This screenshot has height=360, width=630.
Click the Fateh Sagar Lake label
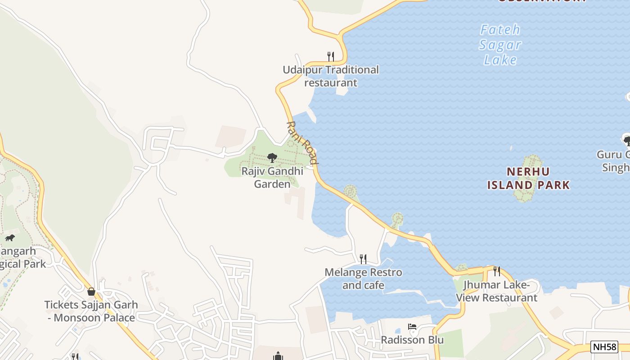click(x=500, y=45)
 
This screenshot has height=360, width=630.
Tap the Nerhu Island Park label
click(x=528, y=178)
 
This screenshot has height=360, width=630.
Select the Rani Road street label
click(x=302, y=142)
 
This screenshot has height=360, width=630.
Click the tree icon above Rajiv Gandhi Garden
click(x=272, y=157)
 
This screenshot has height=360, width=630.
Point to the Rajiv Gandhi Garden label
click(x=272, y=177)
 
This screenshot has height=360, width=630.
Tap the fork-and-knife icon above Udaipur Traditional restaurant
click(x=330, y=56)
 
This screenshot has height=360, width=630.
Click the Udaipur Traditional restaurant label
click(x=331, y=76)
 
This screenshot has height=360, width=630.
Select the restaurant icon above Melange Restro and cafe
click(x=363, y=259)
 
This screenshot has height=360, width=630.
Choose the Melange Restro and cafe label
click(x=363, y=279)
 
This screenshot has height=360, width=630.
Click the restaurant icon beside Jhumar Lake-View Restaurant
click(x=497, y=271)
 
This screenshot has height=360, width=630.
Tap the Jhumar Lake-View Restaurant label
click(x=497, y=291)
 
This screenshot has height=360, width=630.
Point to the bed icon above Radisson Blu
click(x=412, y=327)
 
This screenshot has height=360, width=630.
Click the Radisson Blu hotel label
click(x=412, y=340)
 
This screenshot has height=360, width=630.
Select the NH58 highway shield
click(x=604, y=346)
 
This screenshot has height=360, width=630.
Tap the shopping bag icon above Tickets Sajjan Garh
click(x=91, y=292)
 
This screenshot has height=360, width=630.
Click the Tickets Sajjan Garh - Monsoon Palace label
click(x=91, y=311)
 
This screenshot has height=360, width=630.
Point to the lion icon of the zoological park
click(x=9, y=238)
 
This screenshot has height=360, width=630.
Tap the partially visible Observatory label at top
click(x=541, y=1)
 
